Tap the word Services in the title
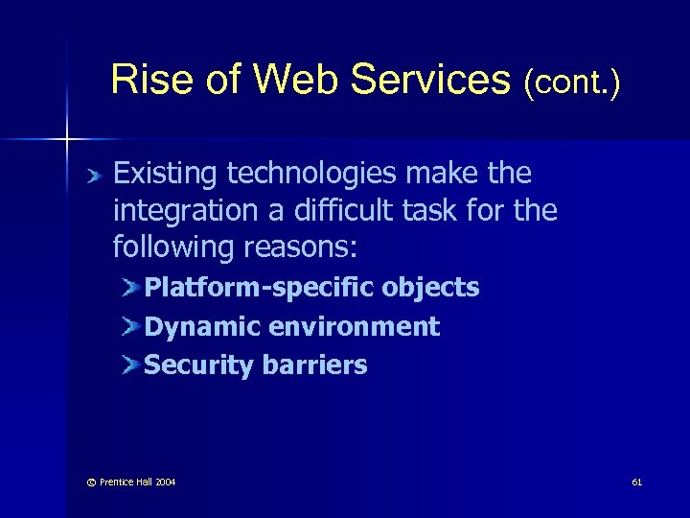(x=431, y=81)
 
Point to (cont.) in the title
(x=572, y=83)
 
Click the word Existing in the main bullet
(x=167, y=174)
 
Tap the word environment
(x=355, y=327)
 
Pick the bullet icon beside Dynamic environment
(x=131, y=327)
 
